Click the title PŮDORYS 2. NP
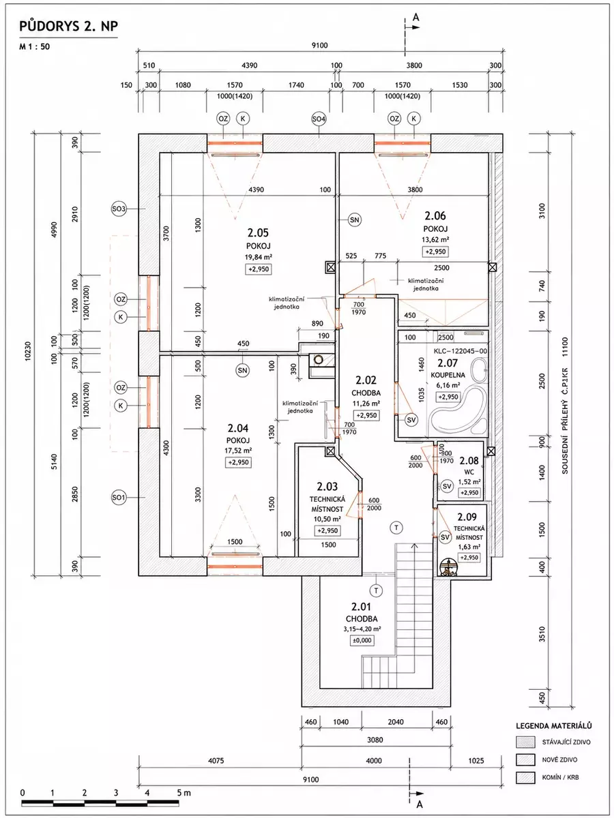(x=69, y=27)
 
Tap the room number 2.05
(x=258, y=233)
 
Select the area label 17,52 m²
(x=238, y=451)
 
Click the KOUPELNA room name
(x=448, y=375)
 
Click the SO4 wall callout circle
(x=319, y=119)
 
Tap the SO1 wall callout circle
(x=119, y=498)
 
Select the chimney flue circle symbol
(x=319, y=360)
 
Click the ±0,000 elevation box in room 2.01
(x=362, y=640)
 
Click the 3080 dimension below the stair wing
(x=375, y=740)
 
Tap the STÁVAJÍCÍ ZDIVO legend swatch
(x=525, y=742)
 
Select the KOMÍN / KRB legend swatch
(x=525, y=777)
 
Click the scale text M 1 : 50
(x=34, y=46)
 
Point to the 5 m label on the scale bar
(x=184, y=793)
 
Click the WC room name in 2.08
(x=469, y=472)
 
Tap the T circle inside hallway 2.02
(x=396, y=528)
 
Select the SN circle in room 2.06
(x=355, y=220)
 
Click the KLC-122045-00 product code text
(x=460, y=351)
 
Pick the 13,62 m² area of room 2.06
(x=435, y=240)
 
